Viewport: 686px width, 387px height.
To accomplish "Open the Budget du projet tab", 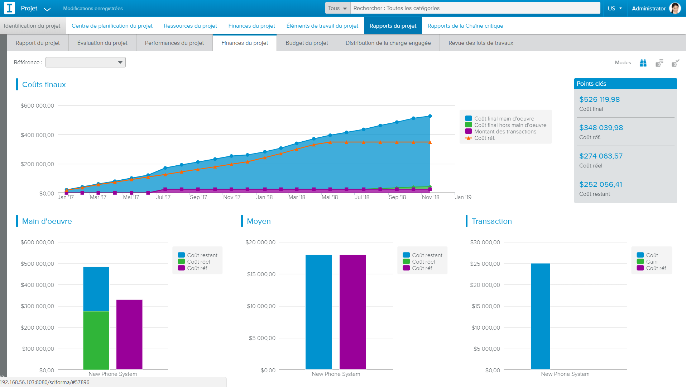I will pyautogui.click(x=307, y=43).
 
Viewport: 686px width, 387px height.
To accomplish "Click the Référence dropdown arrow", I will pyautogui.click(x=120, y=62).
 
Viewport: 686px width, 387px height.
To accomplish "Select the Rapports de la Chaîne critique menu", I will pyautogui.click(x=465, y=26).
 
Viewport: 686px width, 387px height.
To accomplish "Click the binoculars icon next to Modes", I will pyautogui.click(x=643, y=63).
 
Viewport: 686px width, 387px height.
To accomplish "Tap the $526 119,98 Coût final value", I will pyautogui.click(x=599, y=99).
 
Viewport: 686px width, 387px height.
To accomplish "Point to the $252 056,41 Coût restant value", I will pyautogui.click(x=600, y=184).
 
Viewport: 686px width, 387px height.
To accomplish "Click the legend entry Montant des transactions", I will pyautogui.click(x=505, y=132).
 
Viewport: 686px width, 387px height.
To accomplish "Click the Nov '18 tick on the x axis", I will pyautogui.click(x=430, y=197).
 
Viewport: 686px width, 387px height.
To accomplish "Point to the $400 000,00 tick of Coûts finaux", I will pyautogui.click(x=37, y=135).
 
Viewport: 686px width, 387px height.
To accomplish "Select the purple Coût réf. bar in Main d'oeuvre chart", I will pyautogui.click(x=129, y=334).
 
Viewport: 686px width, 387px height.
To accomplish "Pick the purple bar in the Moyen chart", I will pyautogui.click(x=352, y=312).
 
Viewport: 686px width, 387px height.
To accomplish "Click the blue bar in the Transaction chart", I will pyautogui.click(x=540, y=316).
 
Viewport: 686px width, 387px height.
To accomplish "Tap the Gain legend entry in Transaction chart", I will pyautogui.click(x=651, y=262).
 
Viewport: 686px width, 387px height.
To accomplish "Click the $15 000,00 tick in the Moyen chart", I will pyautogui.click(x=261, y=274).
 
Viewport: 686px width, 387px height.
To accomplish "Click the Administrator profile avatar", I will pyautogui.click(x=675, y=8).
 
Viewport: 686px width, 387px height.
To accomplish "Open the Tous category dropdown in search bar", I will pyautogui.click(x=337, y=8).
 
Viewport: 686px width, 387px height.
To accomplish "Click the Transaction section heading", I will pyautogui.click(x=491, y=221).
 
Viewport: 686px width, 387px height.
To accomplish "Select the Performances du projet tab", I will pyautogui.click(x=174, y=43).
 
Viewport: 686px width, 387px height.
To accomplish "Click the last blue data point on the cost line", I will pyautogui.click(x=430, y=116).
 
